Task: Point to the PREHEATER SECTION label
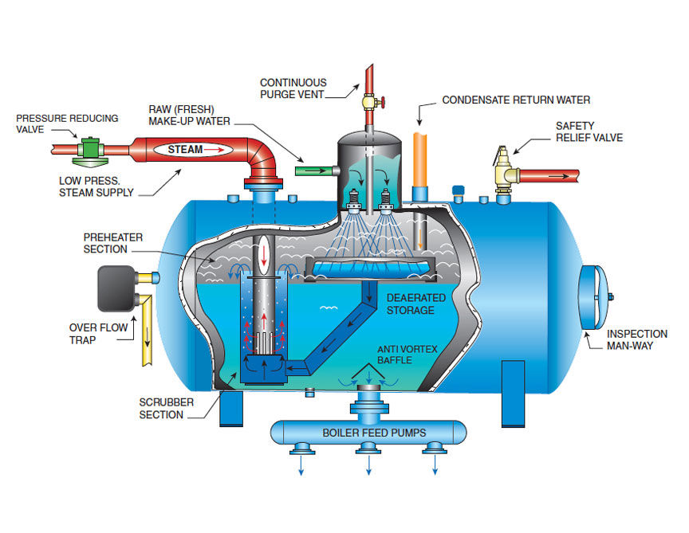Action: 105,244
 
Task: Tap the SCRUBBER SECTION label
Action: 162,409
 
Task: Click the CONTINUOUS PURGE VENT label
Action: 293,88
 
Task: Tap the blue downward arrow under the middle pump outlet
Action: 368,469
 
